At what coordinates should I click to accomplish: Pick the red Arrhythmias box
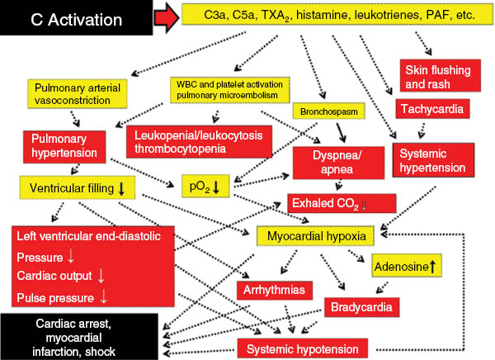[x=274, y=291]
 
